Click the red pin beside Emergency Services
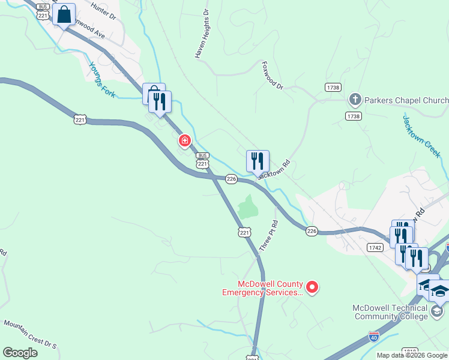tap(312, 288)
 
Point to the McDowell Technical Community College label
tap(390, 312)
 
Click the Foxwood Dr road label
tap(272, 75)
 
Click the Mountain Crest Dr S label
tap(29, 334)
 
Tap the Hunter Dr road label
tap(103, 11)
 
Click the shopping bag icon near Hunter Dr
tap(64, 14)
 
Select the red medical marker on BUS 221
tap(185, 142)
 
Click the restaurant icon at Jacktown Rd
tap(258, 161)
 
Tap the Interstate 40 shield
tap(374, 337)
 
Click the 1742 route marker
tap(375, 247)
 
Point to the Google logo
tap(20, 352)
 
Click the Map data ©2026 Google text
tap(412, 355)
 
